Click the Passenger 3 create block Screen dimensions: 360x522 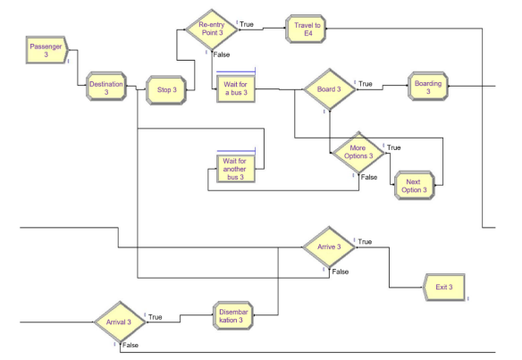(x=46, y=51)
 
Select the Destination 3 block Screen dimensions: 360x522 (x=106, y=88)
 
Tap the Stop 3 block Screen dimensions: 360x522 (x=166, y=90)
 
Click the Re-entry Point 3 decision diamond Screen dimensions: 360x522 (x=212, y=29)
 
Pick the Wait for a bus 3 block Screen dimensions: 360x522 (x=236, y=88)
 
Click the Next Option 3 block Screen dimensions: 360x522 (x=414, y=184)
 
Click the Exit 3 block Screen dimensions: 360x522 (x=444, y=287)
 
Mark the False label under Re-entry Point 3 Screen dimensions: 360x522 (x=222, y=55)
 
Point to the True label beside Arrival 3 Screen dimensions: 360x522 (x=155, y=316)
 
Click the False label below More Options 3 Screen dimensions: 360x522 (x=367, y=177)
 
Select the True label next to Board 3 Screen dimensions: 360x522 (x=365, y=82)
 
